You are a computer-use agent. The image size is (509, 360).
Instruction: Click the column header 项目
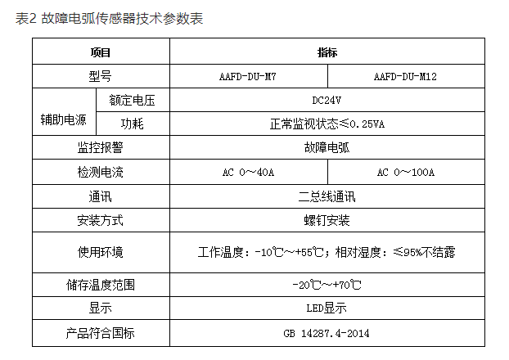click(100, 52)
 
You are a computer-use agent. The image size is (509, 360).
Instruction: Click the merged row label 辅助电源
click(64, 112)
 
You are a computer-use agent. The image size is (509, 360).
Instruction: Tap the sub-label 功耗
click(132, 124)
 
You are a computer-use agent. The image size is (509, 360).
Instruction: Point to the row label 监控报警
click(100, 148)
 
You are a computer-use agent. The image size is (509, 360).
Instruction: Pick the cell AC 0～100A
click(406, 173)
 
